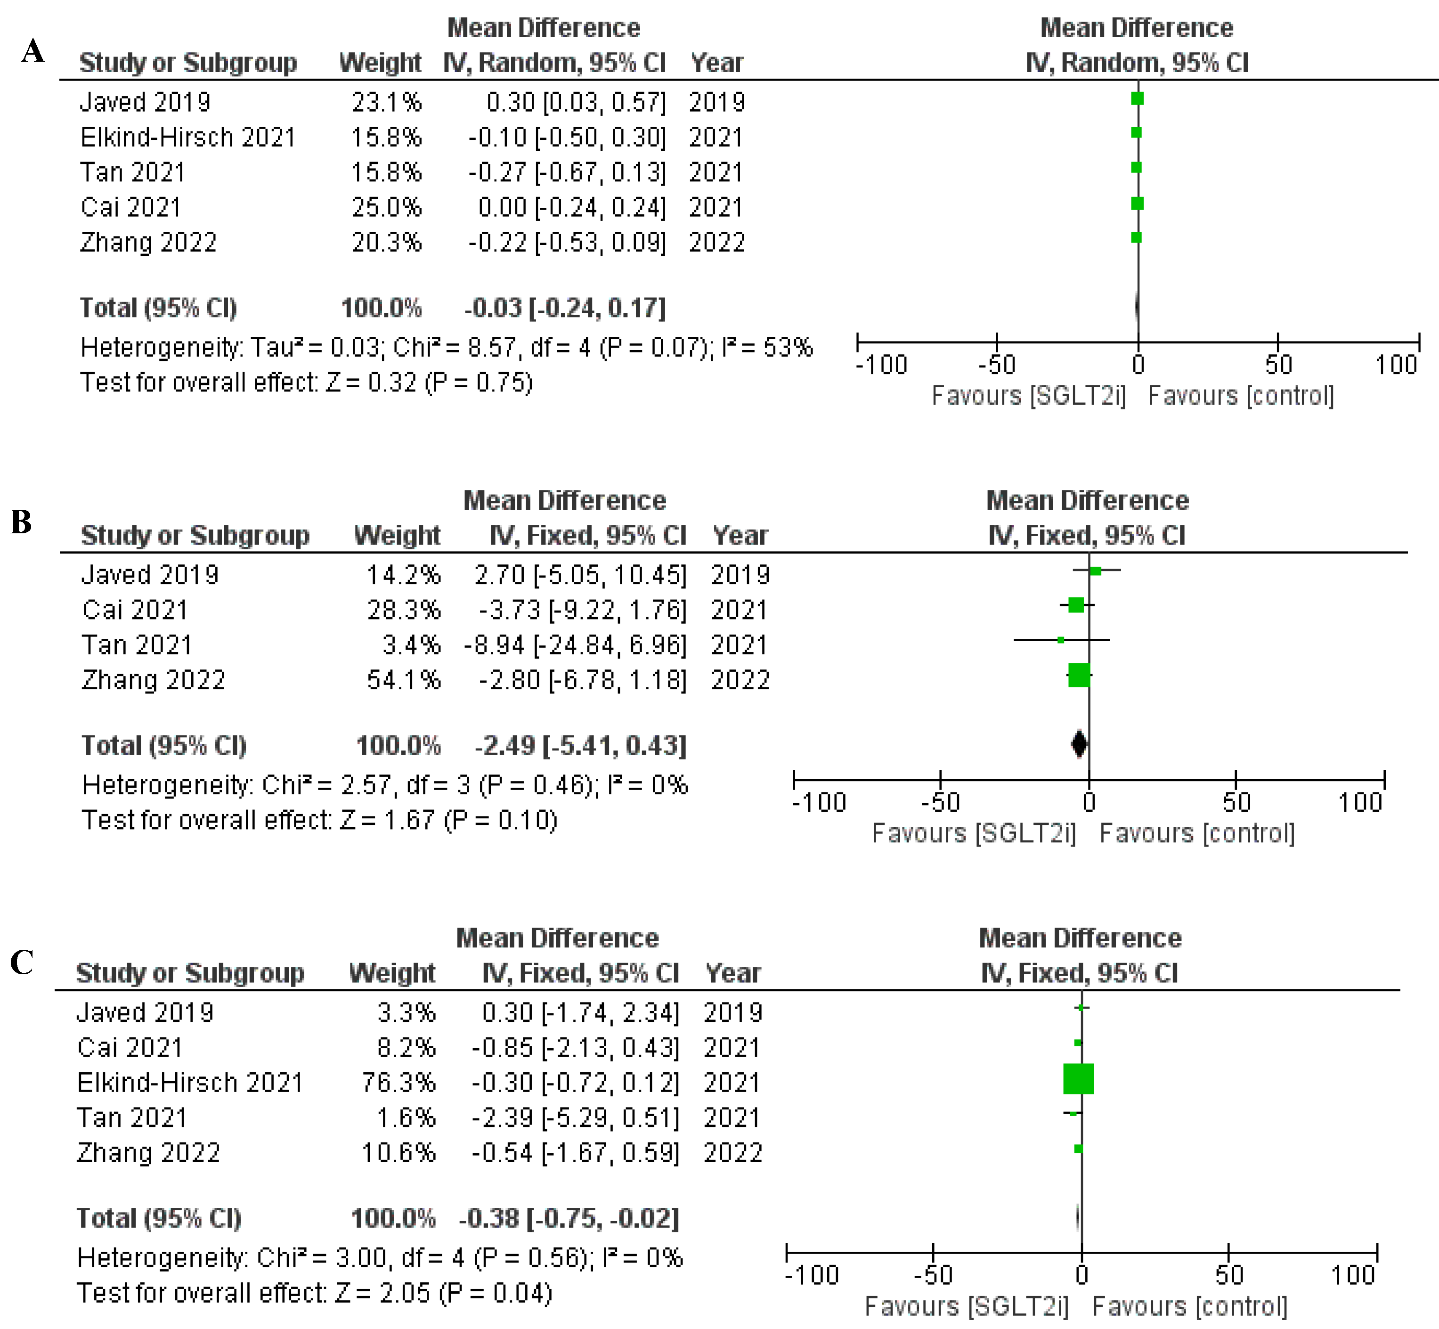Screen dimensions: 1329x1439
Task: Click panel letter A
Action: point(33,52)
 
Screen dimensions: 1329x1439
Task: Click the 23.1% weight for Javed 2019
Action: point(386,103)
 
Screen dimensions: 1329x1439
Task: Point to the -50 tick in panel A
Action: point(997,365)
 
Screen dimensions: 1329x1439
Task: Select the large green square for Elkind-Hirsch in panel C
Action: point(1078,1079)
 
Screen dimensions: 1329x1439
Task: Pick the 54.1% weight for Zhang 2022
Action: point(403,680)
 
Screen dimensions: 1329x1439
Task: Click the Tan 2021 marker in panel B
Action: point(1061,639)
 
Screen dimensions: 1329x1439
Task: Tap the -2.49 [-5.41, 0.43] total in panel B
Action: point(580,746)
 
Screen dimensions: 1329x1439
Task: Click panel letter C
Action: point(22,962)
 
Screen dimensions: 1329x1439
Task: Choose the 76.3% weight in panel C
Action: point(398,1082)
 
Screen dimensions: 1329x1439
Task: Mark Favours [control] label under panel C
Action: point(1189,1306)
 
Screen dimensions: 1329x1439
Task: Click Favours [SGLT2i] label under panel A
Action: point(1028,396)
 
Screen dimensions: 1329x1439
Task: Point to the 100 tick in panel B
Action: point(1360,802)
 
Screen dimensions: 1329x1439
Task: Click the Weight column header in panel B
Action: point(397,536)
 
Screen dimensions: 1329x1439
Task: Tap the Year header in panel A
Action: point(716,63)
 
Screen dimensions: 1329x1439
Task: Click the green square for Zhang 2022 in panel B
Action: point(1079,675)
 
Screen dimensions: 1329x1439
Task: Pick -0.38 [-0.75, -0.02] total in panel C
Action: point(569,1218)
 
